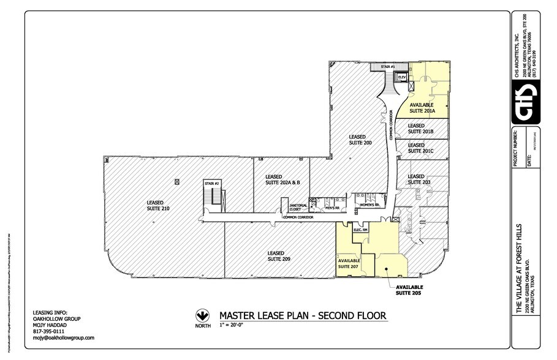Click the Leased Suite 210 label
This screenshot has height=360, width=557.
(x=158, y=205)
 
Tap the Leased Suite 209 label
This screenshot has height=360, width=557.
(x=279, y=256)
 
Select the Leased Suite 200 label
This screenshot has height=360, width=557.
(x=360, y=139)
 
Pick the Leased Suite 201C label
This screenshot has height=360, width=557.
(x=420, y=148)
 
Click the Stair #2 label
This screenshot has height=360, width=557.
(x=212, y=183)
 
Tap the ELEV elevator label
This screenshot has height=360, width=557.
(x=402, y=77)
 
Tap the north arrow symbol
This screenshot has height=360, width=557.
(x=200, y=316)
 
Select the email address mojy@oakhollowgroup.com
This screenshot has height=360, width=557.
(x=63, y=338)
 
